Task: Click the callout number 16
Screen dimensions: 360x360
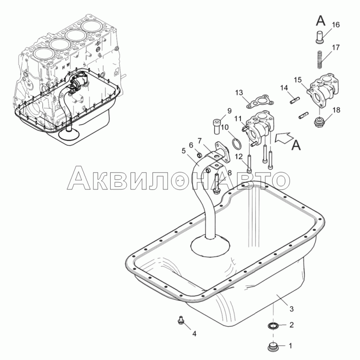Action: (x=336, y=25)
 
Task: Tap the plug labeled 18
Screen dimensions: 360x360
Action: (x=318, y=122)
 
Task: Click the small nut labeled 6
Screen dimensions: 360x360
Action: (x=199, y=156)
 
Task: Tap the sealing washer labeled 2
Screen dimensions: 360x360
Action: (x=273, y=325)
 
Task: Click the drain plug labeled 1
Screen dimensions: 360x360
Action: (x=273, y=346)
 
